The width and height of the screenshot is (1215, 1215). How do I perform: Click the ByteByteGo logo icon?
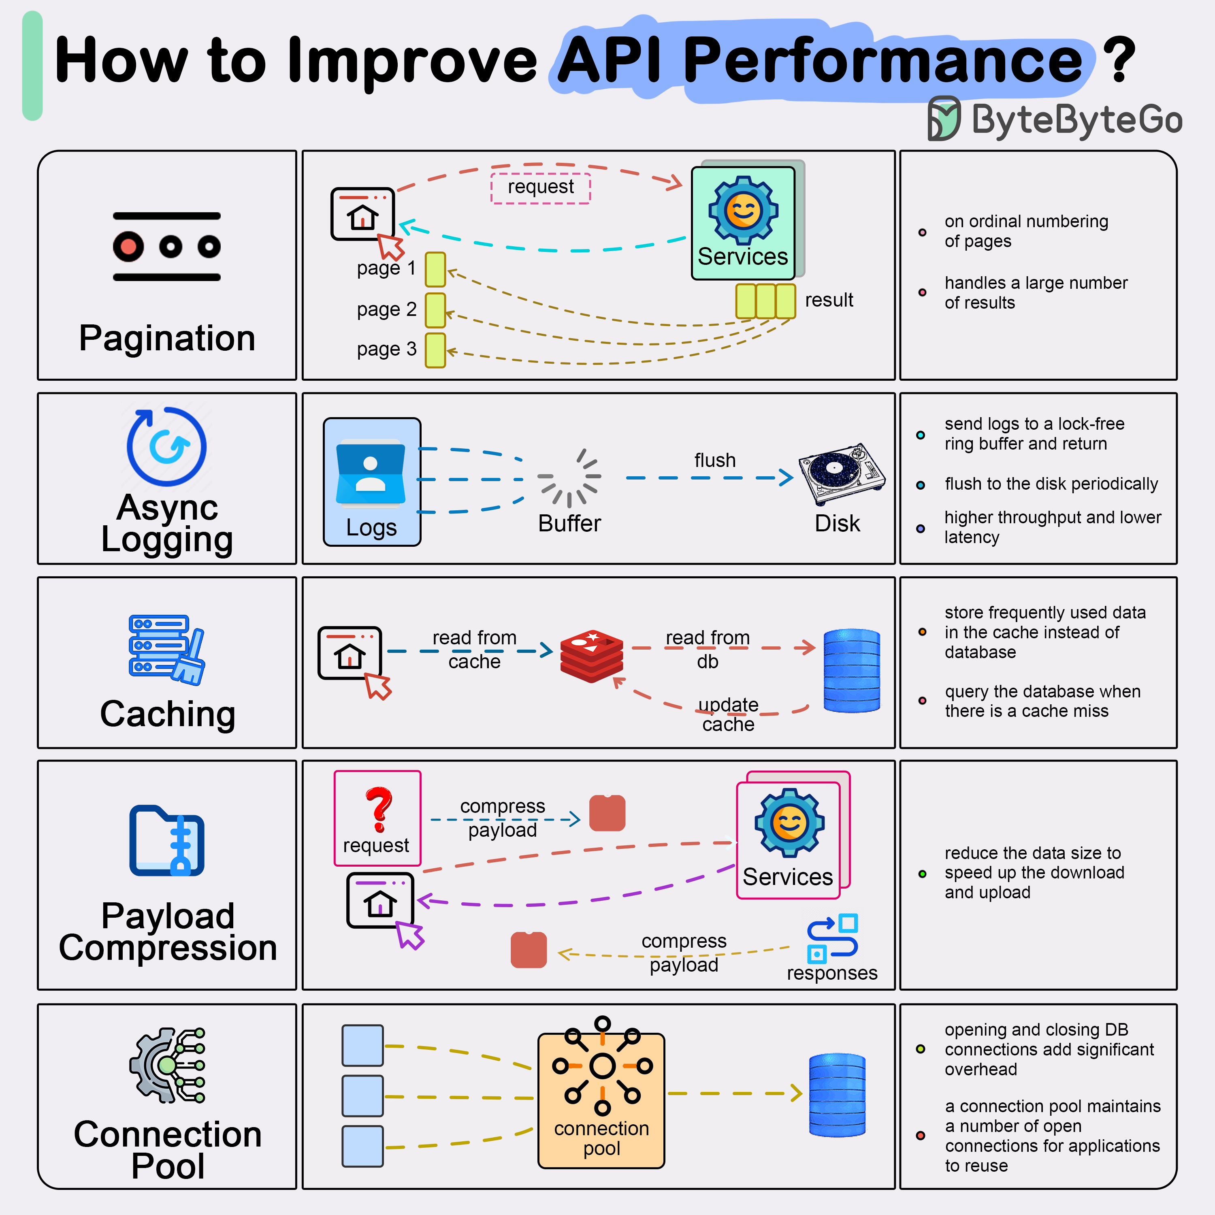943,118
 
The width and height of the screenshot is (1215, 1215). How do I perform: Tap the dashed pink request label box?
540,188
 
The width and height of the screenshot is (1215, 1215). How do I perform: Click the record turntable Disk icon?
842,473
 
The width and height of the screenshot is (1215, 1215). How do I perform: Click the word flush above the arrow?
714,460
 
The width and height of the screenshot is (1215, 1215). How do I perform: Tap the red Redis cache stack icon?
591,655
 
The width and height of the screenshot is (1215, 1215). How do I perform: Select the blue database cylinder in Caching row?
851,670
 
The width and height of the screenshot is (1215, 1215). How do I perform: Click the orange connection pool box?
601,1100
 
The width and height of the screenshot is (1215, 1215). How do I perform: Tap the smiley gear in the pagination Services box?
743,210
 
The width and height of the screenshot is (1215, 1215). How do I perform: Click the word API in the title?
609,60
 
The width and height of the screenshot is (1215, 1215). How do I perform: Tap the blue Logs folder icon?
371,473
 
